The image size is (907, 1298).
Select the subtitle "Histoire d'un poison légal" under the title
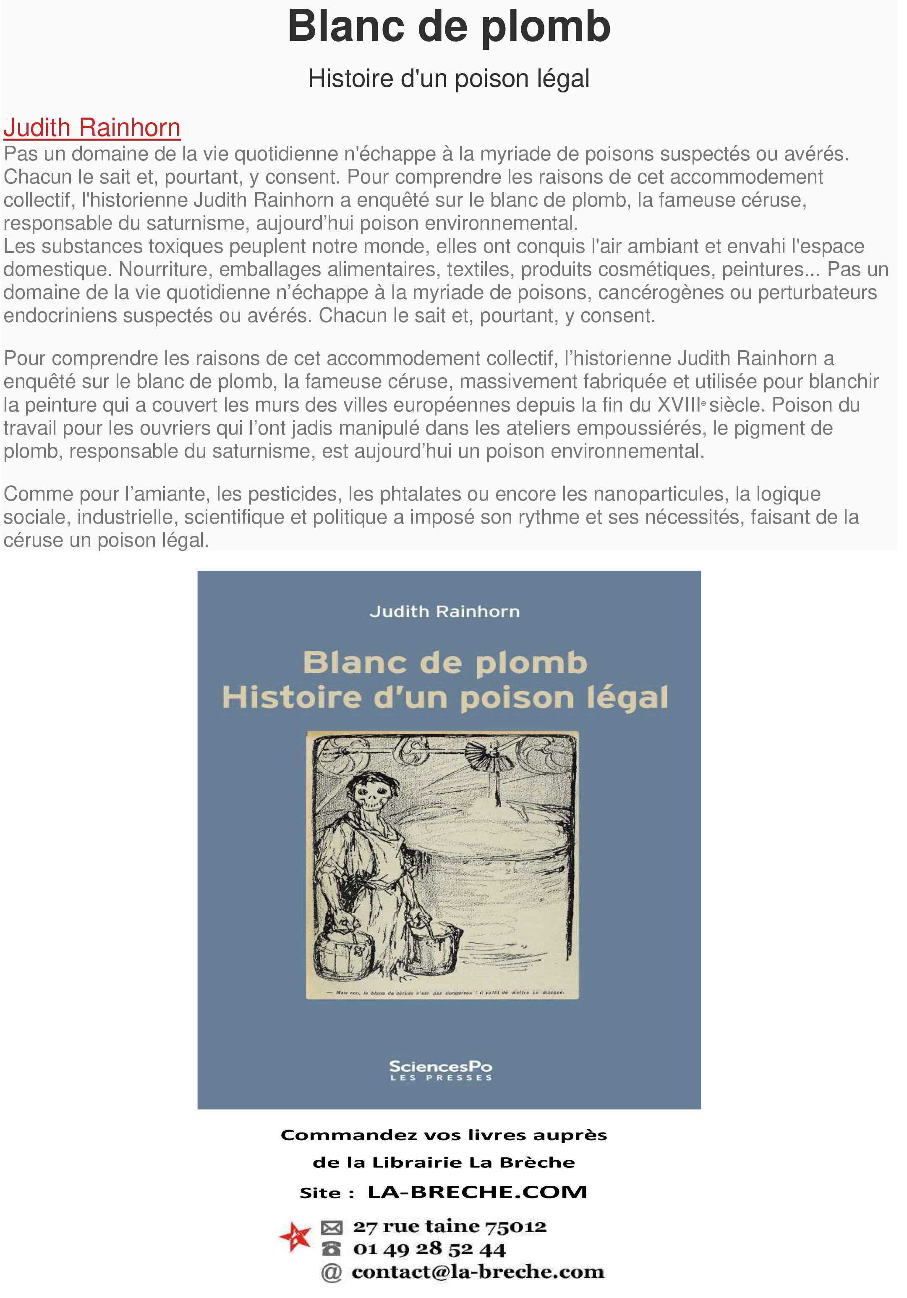click(449, 79)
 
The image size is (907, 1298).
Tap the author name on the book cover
click(444, 612)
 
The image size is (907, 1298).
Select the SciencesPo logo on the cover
click(441, 1070)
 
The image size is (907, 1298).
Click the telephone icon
click(331, 1248)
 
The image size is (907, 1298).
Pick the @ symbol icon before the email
click(332, 1272)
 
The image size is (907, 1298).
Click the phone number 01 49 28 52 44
click(429, 1249)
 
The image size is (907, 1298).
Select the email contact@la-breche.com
click(478, 1272)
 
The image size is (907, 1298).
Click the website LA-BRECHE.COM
click(478, 1192)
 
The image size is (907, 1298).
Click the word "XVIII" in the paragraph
click(678, 405)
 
